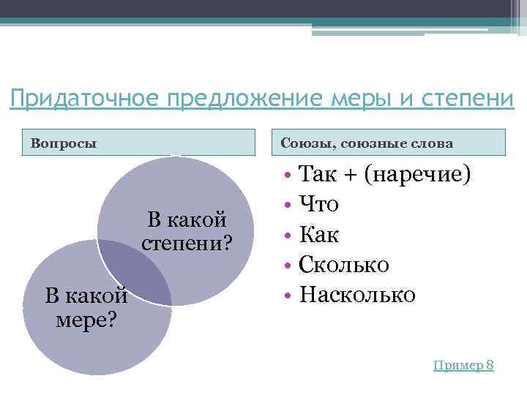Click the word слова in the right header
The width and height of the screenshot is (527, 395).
(432, 143)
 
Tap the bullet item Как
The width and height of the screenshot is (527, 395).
(321, 234)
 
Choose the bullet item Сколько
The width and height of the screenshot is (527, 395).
(345, 264)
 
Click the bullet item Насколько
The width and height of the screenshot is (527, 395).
(358, 295)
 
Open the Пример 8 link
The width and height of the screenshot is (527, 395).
(463, 365)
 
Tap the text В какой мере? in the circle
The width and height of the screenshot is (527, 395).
(86, 308)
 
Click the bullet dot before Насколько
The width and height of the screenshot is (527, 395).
(289, 296)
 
